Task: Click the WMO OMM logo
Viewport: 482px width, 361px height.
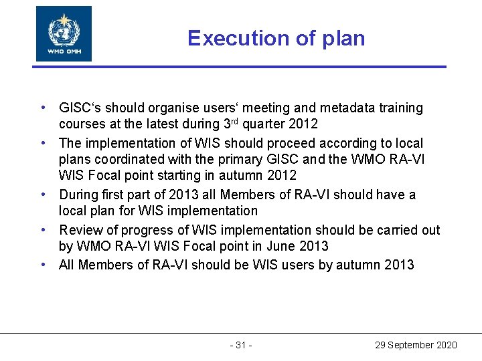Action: pos(64,33)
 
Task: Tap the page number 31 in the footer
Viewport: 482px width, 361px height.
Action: pos(241,345)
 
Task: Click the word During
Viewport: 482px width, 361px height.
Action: pos(78,195)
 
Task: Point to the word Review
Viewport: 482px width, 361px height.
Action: pos(79,230)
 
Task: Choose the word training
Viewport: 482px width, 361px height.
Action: pos(399,108)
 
